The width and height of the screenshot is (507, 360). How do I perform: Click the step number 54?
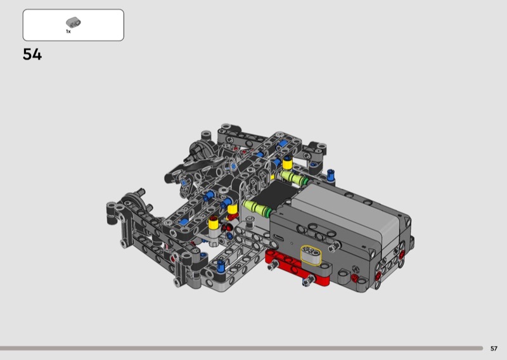[x=32, y=55]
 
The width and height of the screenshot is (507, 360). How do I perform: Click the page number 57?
[x=494, y=349]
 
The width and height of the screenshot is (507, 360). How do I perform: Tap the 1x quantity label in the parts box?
[x=68, y=32]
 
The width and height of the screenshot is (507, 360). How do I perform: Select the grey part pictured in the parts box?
[x=74, y=22]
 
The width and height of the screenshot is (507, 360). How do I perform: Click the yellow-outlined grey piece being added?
[x=311, y=254]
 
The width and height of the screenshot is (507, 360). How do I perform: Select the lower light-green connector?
[x=258, y=209]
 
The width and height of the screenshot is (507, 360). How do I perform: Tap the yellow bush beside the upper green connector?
[x=287, y=163]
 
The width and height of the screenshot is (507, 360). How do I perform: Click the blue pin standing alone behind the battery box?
[x=330, y=175]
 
